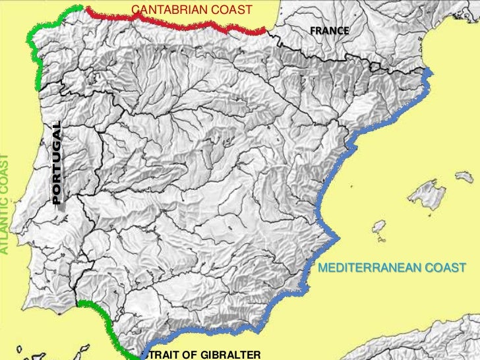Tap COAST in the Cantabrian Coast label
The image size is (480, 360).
tap(231, 10)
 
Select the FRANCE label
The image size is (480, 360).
tap(330, 32)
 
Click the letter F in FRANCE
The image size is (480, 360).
tap(313, 32)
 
